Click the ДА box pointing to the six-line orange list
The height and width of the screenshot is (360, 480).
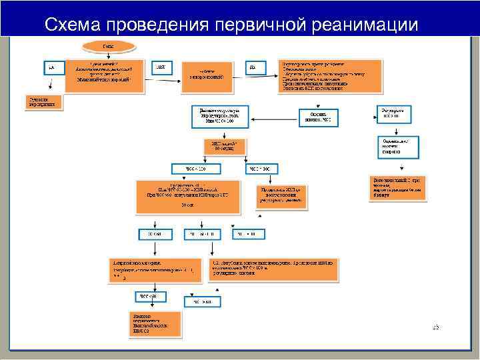pos(253,67)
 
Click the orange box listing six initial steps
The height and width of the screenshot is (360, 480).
pos(331,77)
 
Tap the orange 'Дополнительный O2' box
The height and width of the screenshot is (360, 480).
pos(399,187)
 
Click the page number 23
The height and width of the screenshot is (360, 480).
pos(435,327)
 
